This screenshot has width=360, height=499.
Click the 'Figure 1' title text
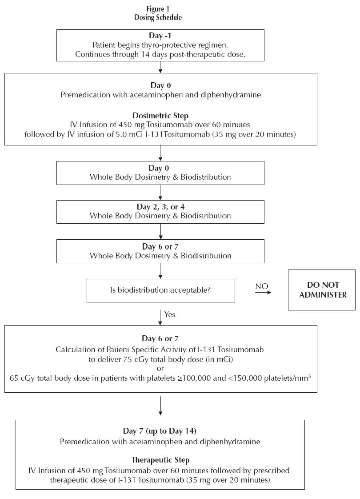158,9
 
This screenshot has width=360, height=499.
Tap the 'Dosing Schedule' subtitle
158,17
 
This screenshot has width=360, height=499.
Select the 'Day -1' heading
160,36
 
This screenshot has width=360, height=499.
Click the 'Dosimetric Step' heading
160,116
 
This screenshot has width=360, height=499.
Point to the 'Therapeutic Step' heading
160,460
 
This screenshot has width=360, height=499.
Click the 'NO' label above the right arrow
262,286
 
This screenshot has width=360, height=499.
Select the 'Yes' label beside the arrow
170,314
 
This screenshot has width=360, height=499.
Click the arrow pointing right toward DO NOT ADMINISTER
263,293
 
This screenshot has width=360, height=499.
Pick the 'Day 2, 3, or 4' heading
160,207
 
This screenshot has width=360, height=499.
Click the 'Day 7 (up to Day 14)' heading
160,431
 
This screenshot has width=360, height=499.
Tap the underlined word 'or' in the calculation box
160,369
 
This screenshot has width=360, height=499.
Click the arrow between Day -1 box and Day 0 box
160,67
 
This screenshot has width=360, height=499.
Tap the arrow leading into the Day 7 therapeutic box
160,406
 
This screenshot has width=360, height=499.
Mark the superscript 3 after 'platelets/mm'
309,376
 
